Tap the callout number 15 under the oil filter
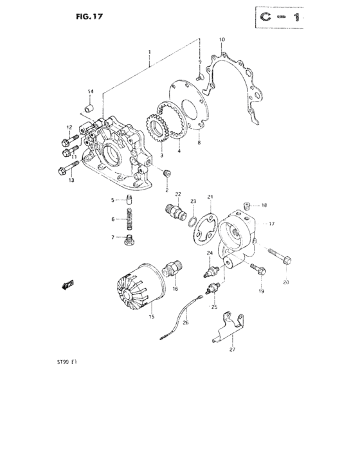151,316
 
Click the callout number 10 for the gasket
222,40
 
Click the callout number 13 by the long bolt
71,180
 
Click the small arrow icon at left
67,283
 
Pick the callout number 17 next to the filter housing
271,224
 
